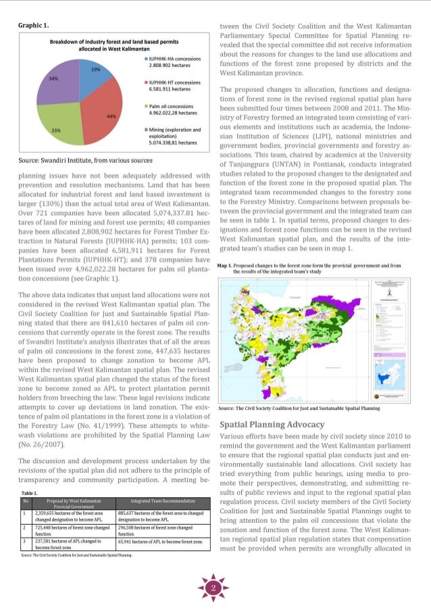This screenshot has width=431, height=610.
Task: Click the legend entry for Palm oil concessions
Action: point(173,110)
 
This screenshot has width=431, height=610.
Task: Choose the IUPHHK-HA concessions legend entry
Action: point(173,63)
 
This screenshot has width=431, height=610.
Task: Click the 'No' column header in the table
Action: point(25,501)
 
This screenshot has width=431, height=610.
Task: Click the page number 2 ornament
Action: point(214,588)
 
